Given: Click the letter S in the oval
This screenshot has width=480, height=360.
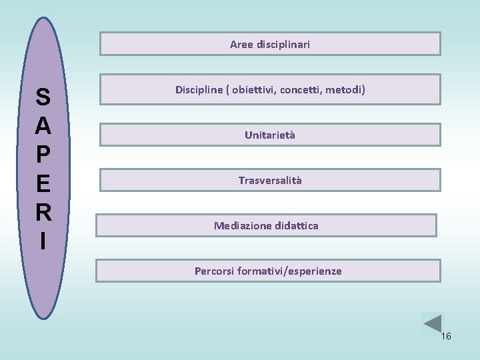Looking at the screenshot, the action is tap(43, 98).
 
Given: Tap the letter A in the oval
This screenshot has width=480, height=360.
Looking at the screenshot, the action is tap(43, 126).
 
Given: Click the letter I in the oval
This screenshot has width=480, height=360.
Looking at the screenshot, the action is tap(43, 241).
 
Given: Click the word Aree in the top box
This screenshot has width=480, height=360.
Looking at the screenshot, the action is tap(241, 45).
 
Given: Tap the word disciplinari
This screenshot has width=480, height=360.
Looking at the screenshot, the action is tap(283, 45).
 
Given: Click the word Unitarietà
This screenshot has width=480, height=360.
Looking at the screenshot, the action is tap(270, 135).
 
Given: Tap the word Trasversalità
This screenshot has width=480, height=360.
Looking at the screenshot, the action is tap(270, 181).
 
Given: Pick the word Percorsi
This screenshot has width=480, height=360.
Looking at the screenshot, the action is tap(214, 271).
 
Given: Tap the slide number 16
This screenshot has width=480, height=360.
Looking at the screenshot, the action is tap(446, 337).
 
